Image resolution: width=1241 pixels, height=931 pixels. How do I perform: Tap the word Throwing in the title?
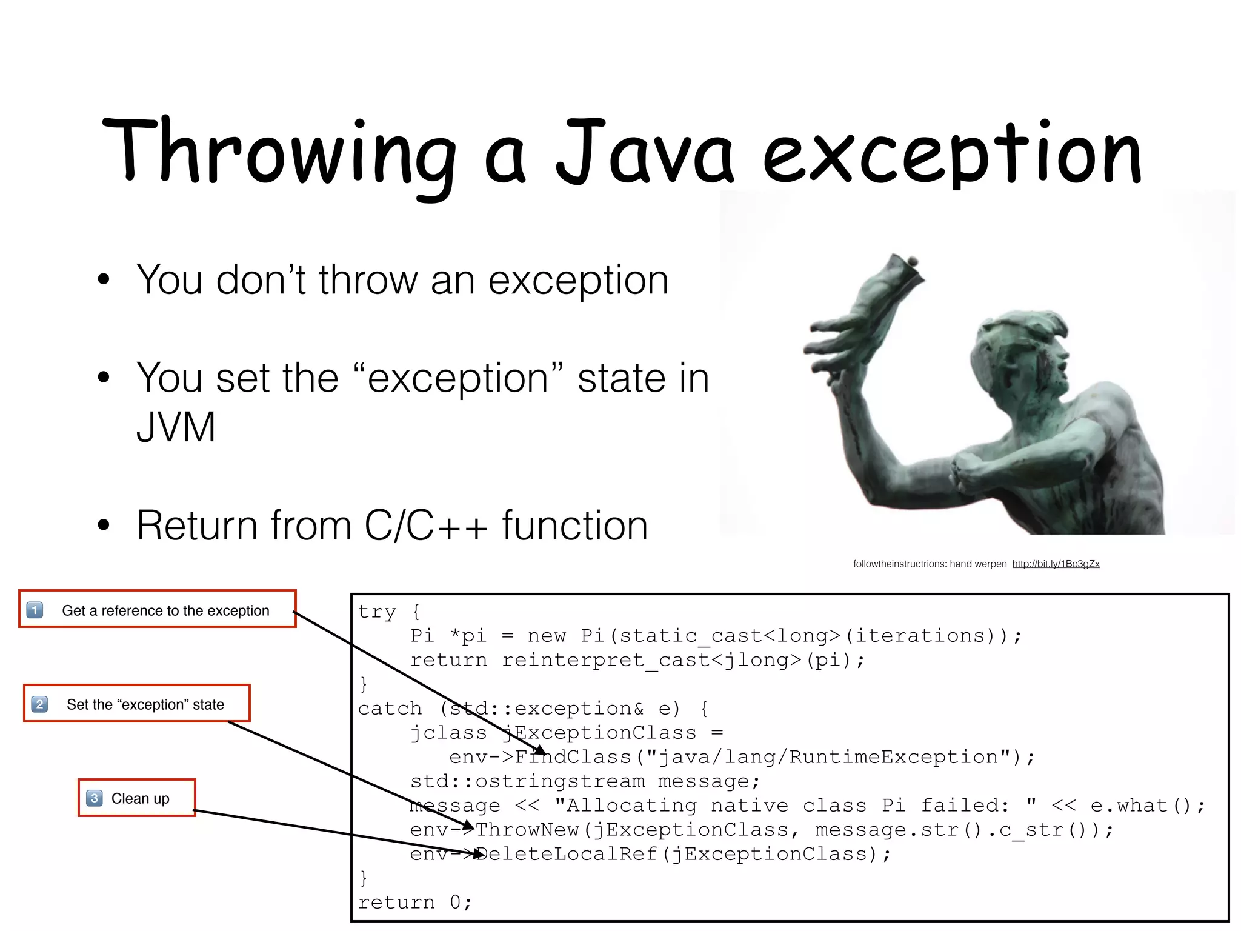click(279, 152)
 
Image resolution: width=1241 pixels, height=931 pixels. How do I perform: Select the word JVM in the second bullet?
click(176, 427)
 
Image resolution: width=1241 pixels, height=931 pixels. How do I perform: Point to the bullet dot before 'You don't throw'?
click(104, 279)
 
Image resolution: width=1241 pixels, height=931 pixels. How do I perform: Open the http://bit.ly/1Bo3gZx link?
click(1056, 564)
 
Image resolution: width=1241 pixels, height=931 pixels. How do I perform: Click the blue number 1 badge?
click(35, 609)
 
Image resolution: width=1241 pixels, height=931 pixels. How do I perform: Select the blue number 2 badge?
click(39, 704)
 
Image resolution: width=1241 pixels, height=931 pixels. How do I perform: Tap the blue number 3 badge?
click(94, 798)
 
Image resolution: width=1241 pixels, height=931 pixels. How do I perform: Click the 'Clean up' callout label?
click(141, 798)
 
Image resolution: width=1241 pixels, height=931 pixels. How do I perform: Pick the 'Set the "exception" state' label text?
click(145, 704)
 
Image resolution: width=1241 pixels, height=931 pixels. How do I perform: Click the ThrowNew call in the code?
click(527, 829)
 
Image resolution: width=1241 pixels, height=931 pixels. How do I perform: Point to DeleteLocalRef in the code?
click(567, 853)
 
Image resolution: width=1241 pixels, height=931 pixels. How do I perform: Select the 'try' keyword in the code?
click(377, 611)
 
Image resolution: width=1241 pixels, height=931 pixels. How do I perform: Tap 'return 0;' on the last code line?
click(414, 902)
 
